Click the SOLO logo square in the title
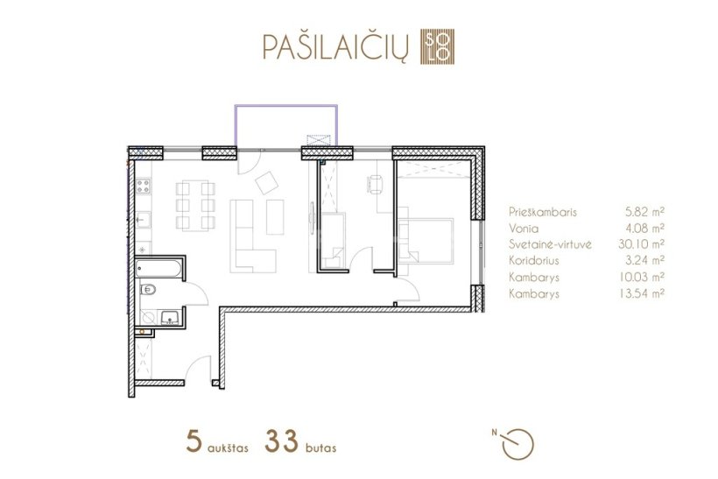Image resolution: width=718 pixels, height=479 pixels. click(437, 46)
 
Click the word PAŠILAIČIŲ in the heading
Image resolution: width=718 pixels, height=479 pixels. click(335, 46)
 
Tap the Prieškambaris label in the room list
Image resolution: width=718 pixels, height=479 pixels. click(543, 212)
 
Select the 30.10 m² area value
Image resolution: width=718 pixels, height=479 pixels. click(641, 244)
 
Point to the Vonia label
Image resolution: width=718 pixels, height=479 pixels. click(524, 228)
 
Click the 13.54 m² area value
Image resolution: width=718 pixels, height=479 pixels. click(642, 293)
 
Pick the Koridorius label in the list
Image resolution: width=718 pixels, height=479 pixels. click(534, 261)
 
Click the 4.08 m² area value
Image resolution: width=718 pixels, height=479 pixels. click(644, 228)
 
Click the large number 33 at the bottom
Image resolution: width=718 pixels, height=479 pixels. click(281, 441)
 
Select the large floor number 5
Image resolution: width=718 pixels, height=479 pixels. click(194, 441)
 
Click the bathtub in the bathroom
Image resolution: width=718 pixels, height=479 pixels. click(158, 268)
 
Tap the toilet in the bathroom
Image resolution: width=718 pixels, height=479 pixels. click(148, 290)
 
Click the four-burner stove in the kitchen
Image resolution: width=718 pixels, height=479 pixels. click(143, 186)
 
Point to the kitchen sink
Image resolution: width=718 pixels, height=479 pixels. click(143, 219)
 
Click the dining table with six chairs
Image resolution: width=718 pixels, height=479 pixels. click(195, 206)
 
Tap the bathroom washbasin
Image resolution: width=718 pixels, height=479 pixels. click(170, 316)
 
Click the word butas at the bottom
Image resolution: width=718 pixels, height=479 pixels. click(321, 447)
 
